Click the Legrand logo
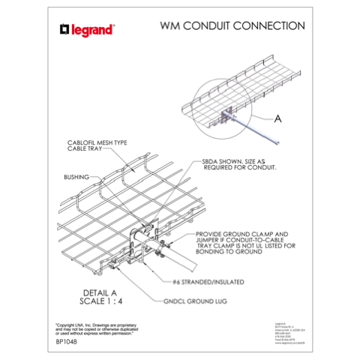coord(87,30)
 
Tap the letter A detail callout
coord(278,118)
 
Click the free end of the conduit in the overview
coord(279,142)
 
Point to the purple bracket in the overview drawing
coord(225,114)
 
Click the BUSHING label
coord(76,177)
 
